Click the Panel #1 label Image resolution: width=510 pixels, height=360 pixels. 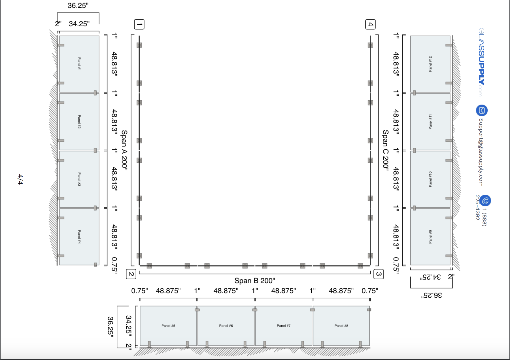79,64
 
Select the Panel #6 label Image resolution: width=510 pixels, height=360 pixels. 226,326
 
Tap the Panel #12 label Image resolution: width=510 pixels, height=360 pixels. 430,64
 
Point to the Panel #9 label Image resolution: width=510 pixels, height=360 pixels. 430,237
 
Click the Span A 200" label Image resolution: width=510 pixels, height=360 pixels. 124,151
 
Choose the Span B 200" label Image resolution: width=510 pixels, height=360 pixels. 255,281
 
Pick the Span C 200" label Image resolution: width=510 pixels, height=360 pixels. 386,149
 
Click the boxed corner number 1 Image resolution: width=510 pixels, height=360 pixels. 139,24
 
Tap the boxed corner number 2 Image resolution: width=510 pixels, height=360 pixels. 131,274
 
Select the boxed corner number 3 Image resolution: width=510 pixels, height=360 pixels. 379,274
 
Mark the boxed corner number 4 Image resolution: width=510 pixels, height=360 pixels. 371,24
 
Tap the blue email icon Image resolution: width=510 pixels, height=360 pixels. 482,111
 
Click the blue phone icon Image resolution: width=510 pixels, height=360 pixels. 485,201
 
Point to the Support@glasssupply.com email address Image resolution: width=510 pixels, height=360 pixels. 481,152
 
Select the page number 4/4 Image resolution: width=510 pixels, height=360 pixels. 20,179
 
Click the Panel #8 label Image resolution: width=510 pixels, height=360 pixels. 341,326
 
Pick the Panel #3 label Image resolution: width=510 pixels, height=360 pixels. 79,179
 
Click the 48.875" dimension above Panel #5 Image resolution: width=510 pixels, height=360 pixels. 168,291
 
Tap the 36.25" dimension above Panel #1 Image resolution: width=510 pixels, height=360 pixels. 78,6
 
